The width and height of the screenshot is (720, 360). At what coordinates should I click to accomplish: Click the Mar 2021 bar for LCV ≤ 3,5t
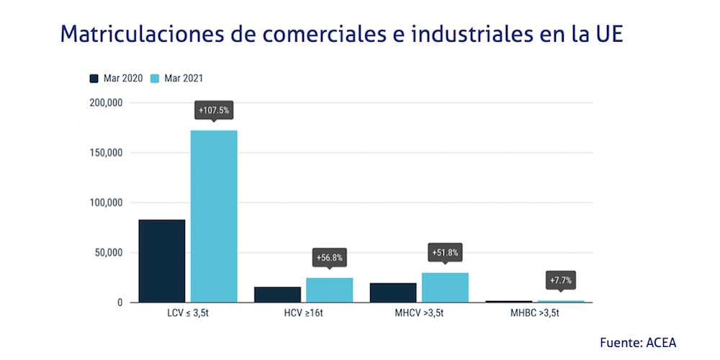(214, 216)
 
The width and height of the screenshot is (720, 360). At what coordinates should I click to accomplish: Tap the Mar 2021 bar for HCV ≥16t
(329, 289)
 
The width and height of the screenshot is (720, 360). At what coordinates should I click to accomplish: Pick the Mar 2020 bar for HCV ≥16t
(278, 294)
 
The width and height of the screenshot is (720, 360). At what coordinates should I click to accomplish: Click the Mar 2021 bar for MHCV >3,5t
(445, 287)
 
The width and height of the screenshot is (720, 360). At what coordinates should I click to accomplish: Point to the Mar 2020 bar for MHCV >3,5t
(393, 292)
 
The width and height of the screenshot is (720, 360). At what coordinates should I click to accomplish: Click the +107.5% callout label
(214, 111)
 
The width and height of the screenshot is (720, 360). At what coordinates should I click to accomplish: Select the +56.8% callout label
(329, 257)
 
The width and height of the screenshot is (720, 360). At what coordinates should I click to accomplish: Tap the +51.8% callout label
(445, 253)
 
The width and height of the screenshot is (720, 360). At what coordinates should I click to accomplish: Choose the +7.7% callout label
(561, 280)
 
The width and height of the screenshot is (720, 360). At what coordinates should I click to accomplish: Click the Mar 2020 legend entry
(115, 78)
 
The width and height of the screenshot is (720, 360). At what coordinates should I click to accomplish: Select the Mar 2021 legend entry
(181, 78)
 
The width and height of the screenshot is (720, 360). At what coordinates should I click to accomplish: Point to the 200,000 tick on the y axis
(106, 103)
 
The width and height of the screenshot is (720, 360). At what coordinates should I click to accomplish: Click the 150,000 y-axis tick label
(106, 153)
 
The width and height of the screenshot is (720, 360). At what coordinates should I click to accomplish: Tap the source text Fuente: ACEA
(638, 343)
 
